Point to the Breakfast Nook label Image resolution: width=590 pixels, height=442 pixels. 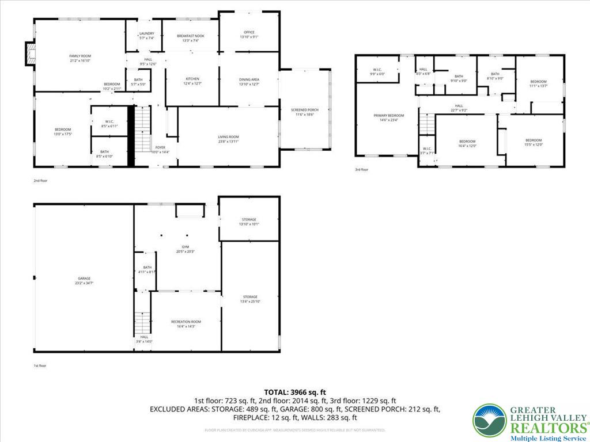tap(190, 38)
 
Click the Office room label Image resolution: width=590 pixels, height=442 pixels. tap(249, 34)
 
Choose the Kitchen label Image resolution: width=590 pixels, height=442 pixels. tap(192, 81)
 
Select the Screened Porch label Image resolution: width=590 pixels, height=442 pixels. tap(304, 112)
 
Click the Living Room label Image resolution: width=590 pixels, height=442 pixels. tap(228, 139)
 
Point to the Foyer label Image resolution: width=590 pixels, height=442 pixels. tap(160, 150)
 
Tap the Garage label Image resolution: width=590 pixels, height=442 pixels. tap(84, 280)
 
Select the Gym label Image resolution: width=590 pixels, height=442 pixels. tap(185, 249)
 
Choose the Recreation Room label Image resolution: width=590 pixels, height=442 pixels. tap(186, 323)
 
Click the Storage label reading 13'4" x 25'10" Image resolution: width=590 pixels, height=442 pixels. tap(249, 299)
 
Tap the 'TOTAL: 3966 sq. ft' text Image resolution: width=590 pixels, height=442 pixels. tap(294, 392)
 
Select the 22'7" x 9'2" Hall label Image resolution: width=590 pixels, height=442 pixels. tap(459, 108)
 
